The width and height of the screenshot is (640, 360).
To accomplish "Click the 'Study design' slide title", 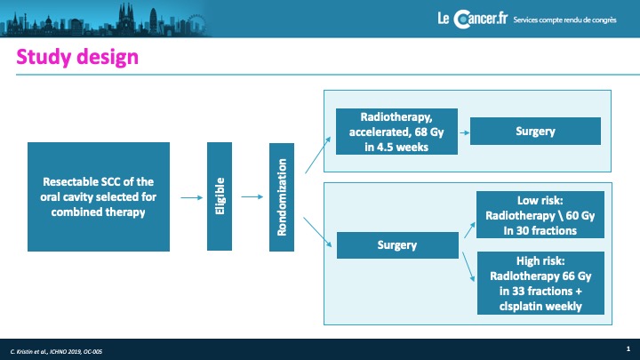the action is [x=77, y=57].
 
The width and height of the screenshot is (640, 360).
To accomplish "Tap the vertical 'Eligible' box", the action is [x=220, y=196].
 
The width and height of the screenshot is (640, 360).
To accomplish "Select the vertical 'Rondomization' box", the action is [x=282, y=197].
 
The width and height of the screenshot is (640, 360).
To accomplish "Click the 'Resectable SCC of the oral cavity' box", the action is [x=99, y=196].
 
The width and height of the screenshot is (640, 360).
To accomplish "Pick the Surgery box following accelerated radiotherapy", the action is [x=535, y=131].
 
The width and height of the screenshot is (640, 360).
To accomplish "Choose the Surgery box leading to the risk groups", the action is [x=397, y=245].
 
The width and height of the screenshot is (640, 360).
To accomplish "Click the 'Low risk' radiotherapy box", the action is [x=540, y=215].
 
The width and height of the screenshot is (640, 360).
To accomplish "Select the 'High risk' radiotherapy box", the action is [x=540, y=284].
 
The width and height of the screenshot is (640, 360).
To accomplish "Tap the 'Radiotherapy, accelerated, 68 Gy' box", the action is [x=396, y=132].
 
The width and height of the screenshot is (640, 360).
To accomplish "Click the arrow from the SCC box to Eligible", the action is [x=192, y=197].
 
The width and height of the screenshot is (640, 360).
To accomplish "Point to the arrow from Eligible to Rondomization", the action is [x=252, y=196].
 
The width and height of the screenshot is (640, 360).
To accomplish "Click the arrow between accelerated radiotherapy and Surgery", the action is [x=465, y=132].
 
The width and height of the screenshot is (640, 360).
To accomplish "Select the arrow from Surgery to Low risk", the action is [x=470, y=230].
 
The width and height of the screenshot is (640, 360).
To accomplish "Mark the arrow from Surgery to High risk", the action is [x=468, y=267].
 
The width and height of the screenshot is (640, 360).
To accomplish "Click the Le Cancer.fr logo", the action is [x=473, y=19].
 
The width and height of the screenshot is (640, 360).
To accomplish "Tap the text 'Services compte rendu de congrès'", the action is [x=565, y=20].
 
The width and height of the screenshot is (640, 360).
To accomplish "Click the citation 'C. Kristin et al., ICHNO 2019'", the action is [x=56, y=351].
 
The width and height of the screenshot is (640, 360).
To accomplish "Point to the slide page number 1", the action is [x=628, y=348].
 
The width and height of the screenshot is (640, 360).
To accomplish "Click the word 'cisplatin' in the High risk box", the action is [x=518, y=306].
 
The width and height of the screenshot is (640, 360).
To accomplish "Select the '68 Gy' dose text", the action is [x=429, y=132].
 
